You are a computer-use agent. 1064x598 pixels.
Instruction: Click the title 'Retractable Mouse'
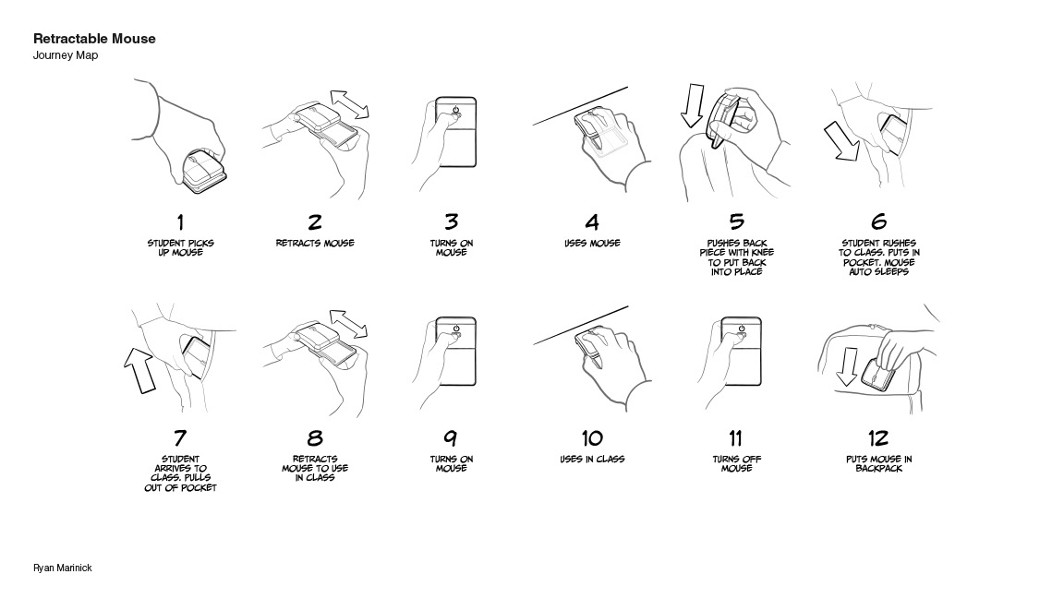click(94, 39)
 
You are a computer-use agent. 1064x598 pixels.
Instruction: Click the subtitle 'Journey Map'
click(66, 55)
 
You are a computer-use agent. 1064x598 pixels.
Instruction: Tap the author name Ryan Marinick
click(63, 568)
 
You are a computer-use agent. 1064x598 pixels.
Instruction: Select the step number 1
click(180, 221)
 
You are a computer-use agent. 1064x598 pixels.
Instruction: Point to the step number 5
click(737, 221)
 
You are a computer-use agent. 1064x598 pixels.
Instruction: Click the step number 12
click(878, 438)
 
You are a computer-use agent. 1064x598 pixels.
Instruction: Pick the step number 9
click(451, 438)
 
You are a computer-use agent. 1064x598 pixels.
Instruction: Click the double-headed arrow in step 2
click(350, 104)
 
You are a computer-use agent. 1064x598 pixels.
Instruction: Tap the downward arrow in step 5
click(693, 105)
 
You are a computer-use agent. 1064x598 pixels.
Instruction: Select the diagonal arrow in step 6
click(842, 142)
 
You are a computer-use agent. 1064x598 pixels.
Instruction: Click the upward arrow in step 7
click(140, 370)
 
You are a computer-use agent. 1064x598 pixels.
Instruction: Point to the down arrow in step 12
click(846, 366)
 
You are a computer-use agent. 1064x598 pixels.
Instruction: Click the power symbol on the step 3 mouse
click(455, 109)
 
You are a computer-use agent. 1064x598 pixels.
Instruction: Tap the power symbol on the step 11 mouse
click(742, 329)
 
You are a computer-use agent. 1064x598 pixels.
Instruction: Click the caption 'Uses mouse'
click(592, 243)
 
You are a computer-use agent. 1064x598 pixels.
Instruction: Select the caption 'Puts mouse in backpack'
click(878, 464)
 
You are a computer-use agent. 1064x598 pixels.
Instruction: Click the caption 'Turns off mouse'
click(737, 464)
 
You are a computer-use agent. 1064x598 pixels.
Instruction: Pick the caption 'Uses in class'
click(592, 459)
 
